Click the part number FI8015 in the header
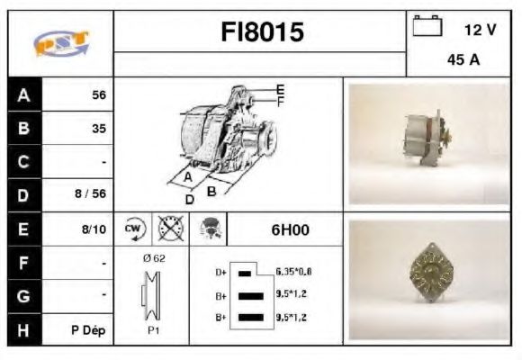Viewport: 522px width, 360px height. [263, 32]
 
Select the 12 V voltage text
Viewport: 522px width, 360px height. [480, 30]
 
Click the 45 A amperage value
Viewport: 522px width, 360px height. [461, 61]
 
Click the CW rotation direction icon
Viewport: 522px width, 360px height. [132, 229]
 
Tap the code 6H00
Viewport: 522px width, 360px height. [289, 229]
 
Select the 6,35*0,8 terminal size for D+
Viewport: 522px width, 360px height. [294, 271]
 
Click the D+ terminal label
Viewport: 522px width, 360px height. [221, 271]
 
